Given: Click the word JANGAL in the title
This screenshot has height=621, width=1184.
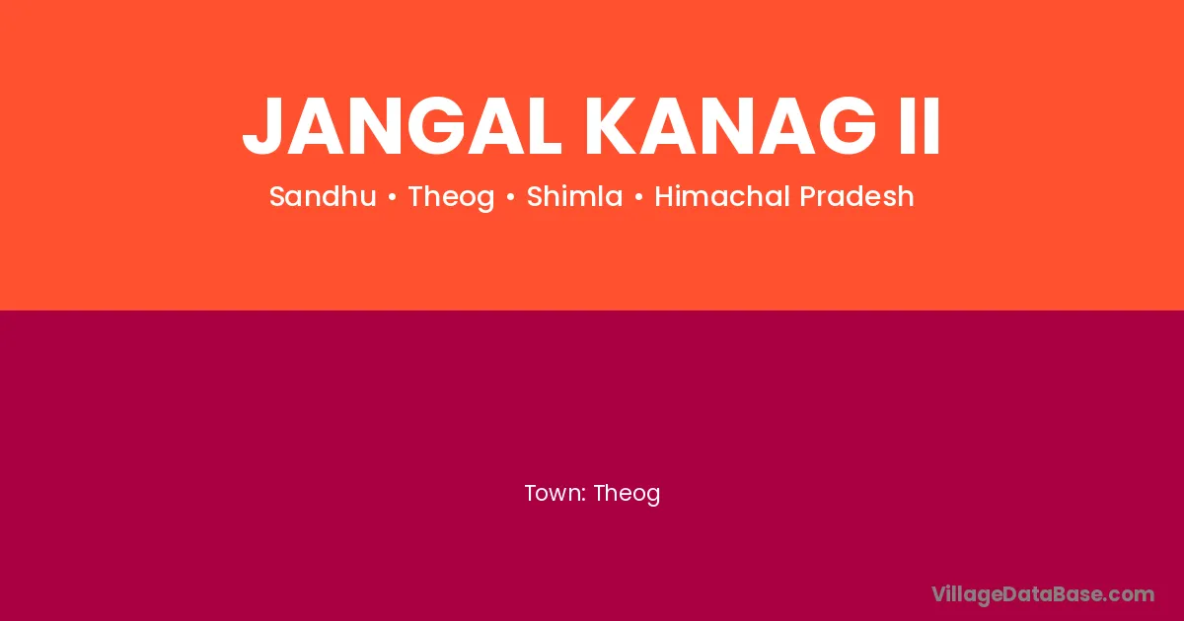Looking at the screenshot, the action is click(x=402, y=126).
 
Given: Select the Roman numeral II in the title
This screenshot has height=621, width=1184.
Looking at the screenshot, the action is click(x=920, y=126).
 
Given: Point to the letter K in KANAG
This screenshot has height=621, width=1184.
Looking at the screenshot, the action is click(x=611, y=126).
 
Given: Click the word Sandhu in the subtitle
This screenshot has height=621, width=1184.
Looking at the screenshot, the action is click(x=323, y=196).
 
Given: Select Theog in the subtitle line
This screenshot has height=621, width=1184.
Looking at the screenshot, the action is click(x=452, y=197).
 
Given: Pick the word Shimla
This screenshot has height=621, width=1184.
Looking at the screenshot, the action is click(x=574, y=196).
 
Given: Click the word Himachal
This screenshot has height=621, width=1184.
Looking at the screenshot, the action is click(x=722, y=196).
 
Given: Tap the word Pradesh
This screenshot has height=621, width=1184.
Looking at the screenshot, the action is click(x=856, y=196).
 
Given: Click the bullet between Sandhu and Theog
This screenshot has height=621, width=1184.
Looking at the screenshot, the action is click(x=393, y=197).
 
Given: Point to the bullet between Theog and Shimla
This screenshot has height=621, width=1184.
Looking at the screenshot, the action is click(x=511, y=197).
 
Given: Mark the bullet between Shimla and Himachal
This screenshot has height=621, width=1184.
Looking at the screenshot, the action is click(x=639, y=197).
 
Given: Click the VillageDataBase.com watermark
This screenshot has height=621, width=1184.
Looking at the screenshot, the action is click(x=1043, y=595).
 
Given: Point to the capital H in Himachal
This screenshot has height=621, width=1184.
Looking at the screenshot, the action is click(x=665, y=196).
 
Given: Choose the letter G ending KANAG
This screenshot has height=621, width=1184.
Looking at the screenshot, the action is click(x=848, y=126).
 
